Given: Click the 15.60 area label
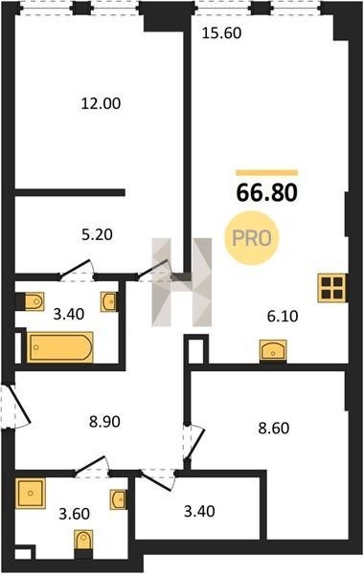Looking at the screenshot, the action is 222,33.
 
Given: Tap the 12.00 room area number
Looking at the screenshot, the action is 101,103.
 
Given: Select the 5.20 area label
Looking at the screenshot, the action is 97,234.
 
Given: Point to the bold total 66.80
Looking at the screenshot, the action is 267,193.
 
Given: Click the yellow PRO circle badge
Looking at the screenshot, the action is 252,238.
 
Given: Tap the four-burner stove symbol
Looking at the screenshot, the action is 332,288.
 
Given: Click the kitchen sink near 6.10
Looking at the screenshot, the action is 273,350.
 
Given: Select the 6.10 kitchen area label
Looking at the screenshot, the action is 283,316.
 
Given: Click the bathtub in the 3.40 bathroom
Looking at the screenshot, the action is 60,347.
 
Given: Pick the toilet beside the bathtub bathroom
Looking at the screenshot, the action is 34,301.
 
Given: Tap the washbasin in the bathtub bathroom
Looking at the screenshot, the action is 109,301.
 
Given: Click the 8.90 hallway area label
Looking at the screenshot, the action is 104,422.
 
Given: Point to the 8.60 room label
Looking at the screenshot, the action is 273,428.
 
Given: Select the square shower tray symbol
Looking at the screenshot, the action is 31,494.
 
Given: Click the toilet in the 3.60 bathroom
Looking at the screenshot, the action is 83,540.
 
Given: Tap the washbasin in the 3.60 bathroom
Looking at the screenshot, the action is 118,499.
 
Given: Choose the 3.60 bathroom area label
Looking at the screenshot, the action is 74,514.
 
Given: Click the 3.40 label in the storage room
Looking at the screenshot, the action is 199,512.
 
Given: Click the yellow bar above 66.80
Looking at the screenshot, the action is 267,173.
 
